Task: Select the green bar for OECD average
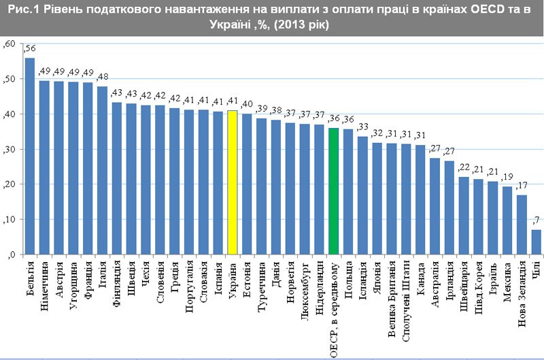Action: (333, 191)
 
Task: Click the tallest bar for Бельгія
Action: (30, 156)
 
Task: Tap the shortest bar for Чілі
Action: (537, 242)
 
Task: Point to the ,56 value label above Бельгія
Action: (30, 49)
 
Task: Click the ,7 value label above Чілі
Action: (537, 219)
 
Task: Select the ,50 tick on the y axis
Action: (10, 80)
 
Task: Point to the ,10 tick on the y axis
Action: (10, 220)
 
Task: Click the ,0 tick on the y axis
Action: (12, 255)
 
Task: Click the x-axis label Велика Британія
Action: (392, 300)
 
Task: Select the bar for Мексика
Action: (507, 220)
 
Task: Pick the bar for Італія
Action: (102, 170)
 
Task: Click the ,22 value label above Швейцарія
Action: (464, 167)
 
